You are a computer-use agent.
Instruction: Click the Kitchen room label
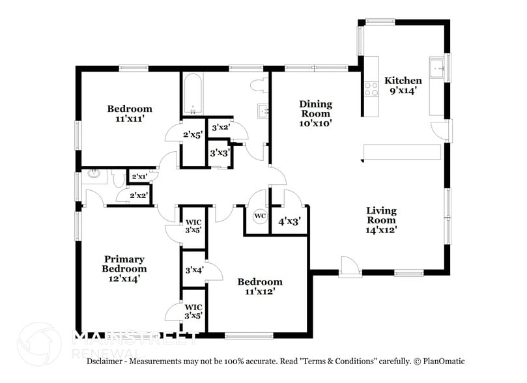[403, 81]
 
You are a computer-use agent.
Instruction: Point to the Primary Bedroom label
[124, 264]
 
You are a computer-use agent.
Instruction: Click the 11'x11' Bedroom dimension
[130, 119]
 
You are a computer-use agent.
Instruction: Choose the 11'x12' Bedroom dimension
[260, 292]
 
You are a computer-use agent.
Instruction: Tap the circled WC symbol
[260, 216]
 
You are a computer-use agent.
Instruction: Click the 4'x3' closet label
[289, 221]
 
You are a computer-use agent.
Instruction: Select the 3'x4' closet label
[193, 270]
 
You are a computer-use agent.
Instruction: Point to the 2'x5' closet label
[192, 135]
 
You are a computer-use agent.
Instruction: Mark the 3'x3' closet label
[218, 153]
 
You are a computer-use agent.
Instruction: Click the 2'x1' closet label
[139, 177]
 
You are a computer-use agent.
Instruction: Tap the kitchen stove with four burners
[371, 89]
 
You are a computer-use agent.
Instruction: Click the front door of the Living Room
[349, 267]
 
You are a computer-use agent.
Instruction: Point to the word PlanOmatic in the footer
[443, 361]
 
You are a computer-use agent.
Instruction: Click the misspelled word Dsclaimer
[107, 361]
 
